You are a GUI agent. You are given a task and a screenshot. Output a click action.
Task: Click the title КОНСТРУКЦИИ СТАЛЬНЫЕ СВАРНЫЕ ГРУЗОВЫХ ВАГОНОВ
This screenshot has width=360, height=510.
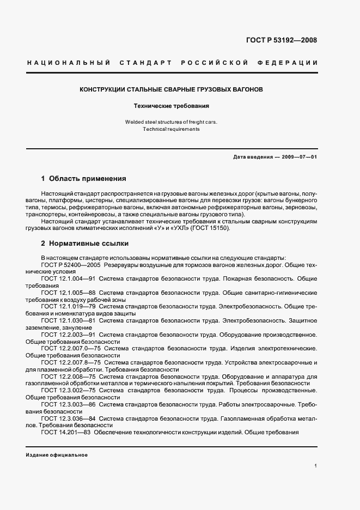click(x=172, y=89)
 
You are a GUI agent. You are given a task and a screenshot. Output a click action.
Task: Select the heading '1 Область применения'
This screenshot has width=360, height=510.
click(x=84, y=178)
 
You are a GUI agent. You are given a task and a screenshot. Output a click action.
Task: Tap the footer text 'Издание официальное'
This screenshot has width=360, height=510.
click(x=57, y=455)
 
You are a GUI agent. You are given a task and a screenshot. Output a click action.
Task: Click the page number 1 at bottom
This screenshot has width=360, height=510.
click(x=315, y=466)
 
